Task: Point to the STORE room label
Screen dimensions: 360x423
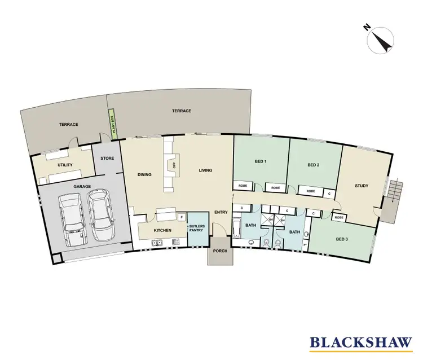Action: pyautogui.click(x=107, y=158)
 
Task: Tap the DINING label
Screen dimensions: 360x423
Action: pyautogui.click(x=144, y=174)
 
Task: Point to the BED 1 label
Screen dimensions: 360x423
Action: pyautogui.click(x=260, y=161)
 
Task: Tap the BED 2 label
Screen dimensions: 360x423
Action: pyautogui.click(x=314, y=165)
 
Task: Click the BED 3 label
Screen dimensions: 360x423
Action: pyautogui.click(x=342, y=239)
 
